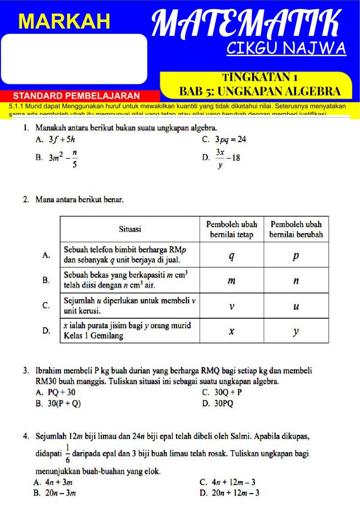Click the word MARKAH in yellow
(64, 21)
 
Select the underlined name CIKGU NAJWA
(286, 48)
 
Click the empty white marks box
(74, 59)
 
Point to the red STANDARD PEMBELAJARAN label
(76, 96)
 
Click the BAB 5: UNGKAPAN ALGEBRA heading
(260, 91)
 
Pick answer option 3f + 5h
(62, 140)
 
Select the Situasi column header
(130, 229)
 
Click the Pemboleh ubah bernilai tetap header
(231, 229)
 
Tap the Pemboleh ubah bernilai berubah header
(296, 229)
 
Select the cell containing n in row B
(296, 280)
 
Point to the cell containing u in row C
(296, 306)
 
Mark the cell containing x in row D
(231, 331)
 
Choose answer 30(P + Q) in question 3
(64, 403)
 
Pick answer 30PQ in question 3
(224, 403)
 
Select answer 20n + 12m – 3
(235, 493)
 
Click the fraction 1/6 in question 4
(68, 453)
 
